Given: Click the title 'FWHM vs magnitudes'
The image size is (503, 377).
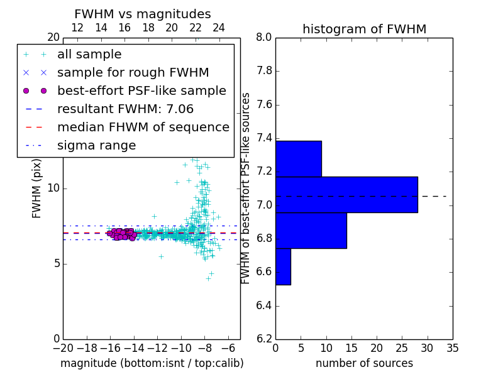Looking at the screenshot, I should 143,14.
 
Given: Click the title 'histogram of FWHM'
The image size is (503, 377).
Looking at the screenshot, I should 364,29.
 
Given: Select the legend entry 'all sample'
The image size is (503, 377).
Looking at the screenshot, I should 89,55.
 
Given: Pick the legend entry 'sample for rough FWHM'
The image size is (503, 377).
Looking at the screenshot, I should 133,73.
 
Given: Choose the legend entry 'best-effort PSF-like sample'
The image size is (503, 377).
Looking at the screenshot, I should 141,91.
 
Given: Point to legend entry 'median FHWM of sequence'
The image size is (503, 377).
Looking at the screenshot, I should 143,128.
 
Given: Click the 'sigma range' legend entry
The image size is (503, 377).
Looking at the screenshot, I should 96,146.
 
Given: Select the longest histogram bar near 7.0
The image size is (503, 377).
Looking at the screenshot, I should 346,195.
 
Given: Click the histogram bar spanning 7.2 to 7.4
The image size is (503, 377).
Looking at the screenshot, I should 299,159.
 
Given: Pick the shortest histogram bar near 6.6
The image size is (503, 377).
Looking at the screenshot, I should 283,266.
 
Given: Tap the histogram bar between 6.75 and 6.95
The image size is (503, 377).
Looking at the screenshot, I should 311,231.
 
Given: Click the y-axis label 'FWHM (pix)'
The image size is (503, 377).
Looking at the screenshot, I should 37,188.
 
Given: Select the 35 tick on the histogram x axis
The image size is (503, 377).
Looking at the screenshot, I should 453,347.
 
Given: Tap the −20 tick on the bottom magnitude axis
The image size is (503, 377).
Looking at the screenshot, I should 62,347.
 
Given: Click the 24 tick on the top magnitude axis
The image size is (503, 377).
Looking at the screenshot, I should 219,28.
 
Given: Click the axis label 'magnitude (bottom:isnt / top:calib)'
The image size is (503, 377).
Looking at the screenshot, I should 152,363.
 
